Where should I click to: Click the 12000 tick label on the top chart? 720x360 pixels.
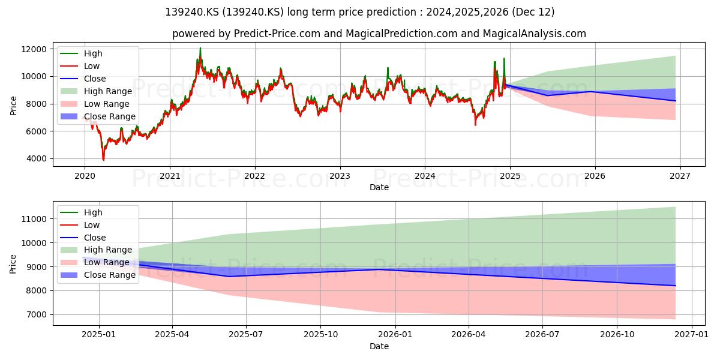coord(34,49)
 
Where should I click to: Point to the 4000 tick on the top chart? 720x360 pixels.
coord(36,159)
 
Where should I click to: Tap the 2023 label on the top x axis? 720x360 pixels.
coord(340,176)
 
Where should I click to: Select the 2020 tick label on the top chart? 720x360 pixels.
coord(85,176)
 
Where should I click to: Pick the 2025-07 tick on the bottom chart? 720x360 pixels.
coord(246,335)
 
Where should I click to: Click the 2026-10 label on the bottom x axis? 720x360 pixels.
coord(617,335)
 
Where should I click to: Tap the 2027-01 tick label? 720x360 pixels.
coord(691,335)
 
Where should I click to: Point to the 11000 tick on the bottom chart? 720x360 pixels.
coord(34,219)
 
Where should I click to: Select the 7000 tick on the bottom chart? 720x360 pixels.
coord(36,314)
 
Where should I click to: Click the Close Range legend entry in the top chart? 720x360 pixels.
coord(98,116)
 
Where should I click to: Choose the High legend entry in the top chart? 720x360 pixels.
coord(82,53)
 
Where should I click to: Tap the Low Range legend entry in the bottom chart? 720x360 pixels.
coord(95,262)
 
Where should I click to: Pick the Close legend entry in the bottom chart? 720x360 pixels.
coord(83,238)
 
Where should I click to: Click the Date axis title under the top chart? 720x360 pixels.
coord(379,187)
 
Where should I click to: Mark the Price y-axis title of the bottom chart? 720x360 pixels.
coord(13,264)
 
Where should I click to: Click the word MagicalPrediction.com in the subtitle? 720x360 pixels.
coord(401,34)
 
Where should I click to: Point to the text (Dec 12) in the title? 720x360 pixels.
coord(533,12)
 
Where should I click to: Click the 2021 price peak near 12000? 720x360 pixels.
coord(200,48)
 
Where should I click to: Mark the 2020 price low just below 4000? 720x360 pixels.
coord(103,160)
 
